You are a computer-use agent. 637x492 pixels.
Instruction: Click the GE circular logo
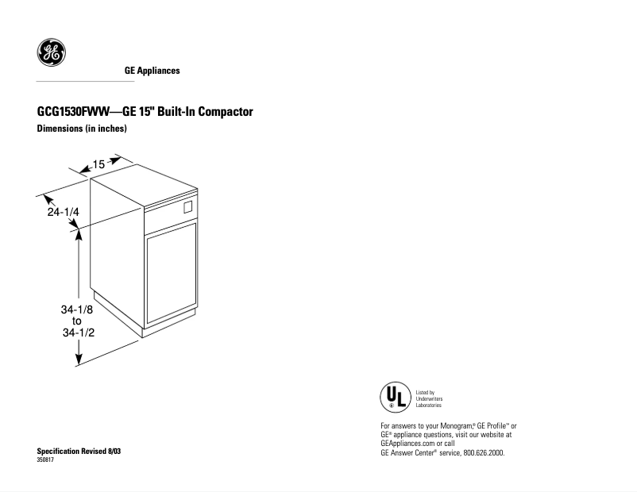(51, 52)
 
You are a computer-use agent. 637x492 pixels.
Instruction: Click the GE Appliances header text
(152, 71)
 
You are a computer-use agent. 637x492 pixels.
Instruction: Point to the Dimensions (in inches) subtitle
(82, 129)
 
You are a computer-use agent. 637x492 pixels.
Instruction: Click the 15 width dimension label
(98, 164)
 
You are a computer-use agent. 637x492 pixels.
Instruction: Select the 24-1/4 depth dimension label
(63, 212)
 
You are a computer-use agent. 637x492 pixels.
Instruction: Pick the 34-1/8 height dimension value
(77, 309)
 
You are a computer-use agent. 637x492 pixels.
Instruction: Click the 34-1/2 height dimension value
(79, 332)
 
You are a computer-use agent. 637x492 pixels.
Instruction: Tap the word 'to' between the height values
(77, 321)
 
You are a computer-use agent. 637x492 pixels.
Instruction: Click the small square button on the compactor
(187, 207)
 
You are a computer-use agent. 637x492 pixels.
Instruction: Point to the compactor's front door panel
(171, 273)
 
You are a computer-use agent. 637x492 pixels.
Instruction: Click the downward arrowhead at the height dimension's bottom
(79, 359)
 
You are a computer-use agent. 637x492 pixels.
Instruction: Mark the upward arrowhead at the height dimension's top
(79, 236)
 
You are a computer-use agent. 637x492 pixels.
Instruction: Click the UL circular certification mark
(396, 397)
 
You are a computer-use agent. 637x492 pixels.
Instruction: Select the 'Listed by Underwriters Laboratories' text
(429, 398)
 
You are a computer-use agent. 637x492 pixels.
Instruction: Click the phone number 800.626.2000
(484, 453)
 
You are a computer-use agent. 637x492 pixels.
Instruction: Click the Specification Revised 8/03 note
(79, 451)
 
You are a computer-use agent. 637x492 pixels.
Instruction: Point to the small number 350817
(45, 460)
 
